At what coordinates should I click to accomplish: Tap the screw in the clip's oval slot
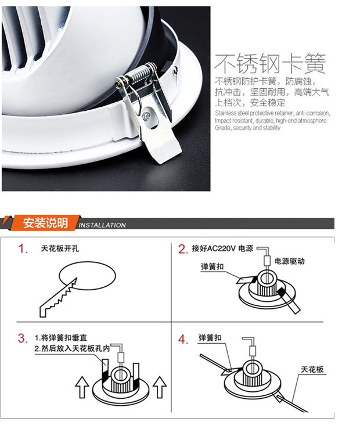pyautogui.click(x=146, y=117)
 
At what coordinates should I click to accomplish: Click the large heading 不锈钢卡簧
pyautogui.click(x=270, y=64)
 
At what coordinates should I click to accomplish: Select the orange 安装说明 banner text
pyautogui.click(x=45, y=223)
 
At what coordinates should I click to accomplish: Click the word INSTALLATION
pyautogui.click(x=102, y=225)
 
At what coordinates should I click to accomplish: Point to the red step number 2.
pyautogui.click(x=183, y=249)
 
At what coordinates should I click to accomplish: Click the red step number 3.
pyautogui.click(x=23, y=338)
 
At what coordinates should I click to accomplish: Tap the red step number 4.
pyautogui.click(x=183, y=340)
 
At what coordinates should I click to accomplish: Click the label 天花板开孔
pyautogui.click(x=60, y=248)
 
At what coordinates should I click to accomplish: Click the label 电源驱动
pyautogui.click(x=289, y=261)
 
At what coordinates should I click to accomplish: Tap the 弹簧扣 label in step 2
pyautogui.click(x=213, y=266)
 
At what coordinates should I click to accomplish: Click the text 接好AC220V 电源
pyautogui.click(x=222, y=248)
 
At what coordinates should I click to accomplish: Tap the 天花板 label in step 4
pyautogui.click(x=312, y=370)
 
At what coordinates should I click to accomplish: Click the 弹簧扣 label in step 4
pyautogui.click(x=210, y=338)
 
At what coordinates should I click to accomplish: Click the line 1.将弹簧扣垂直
pyautogui.click(x=61, y=338)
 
